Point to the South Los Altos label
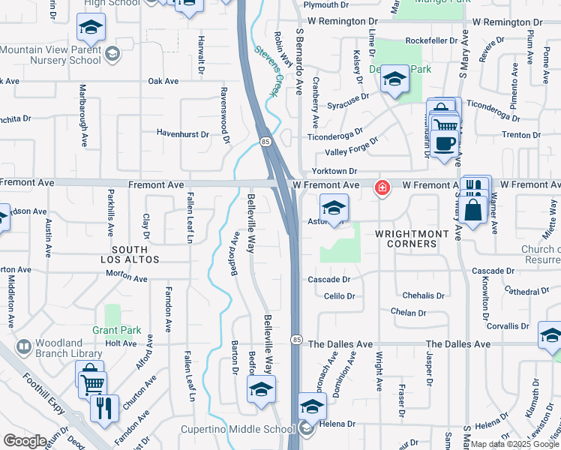[136, 253]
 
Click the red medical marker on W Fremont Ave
[382, 187]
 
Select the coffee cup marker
[445, 143]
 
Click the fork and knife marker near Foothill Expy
[103, 409]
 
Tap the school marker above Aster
[334, 208]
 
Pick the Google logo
[25, 440]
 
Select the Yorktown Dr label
[334, 171]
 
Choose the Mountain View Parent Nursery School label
[50, 55]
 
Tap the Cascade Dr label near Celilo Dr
[329, 279]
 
